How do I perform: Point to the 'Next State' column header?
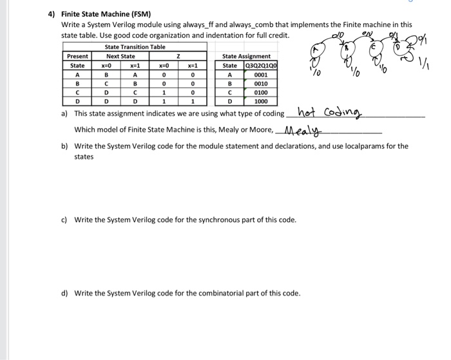pyautogui.click(x=120, y=56)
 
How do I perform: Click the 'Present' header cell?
pyautogui.click(x=77, y=56)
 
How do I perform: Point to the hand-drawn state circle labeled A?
pyautogui.click(x=320, y=51)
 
